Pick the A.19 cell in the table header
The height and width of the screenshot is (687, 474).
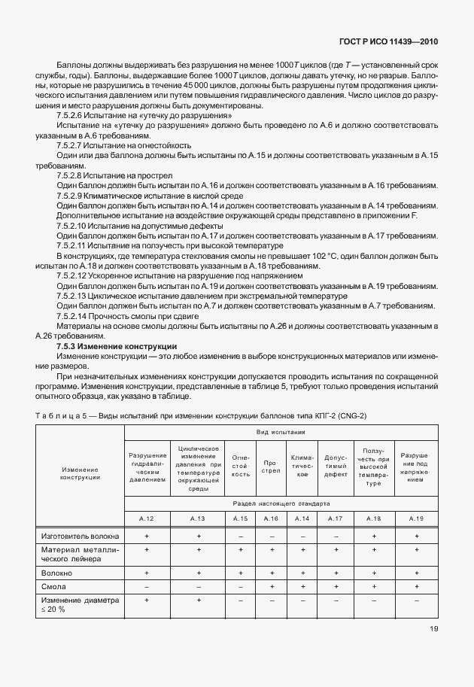tap(416, 518)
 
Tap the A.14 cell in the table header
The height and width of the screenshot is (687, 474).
tap(302, 518)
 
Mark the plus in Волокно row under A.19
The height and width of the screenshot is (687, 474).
tap(416, 573)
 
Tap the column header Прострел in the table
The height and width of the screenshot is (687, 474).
tap(271, 468)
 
